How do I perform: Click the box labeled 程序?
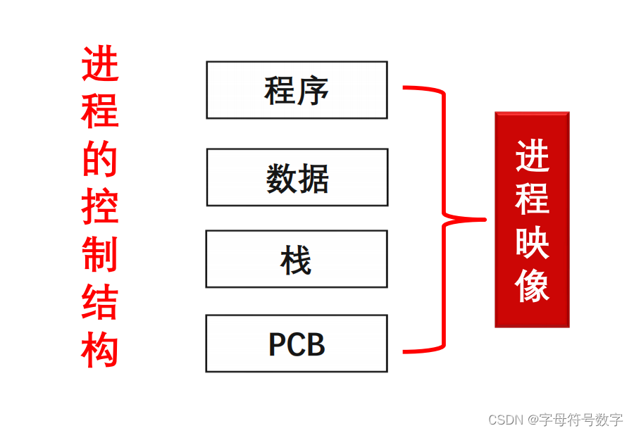coord(297,90)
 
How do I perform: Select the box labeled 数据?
coord(297,177)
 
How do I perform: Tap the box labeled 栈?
coord(297,259)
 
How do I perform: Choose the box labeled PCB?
coord(297,344)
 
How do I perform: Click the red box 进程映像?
coord(532,219)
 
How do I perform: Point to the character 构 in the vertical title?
coord(100,349)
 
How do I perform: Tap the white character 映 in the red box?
coord(532,241)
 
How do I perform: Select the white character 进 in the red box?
coord(532,156)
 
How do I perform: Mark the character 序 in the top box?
coord(313,90)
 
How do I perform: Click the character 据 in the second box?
coord(313,177)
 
